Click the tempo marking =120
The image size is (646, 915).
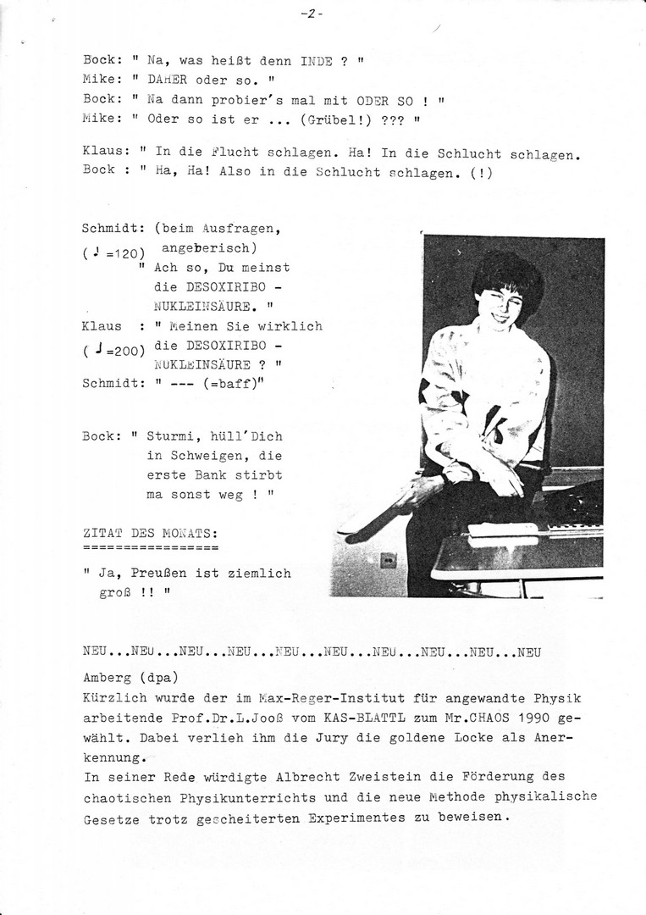tap(126, 253)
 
